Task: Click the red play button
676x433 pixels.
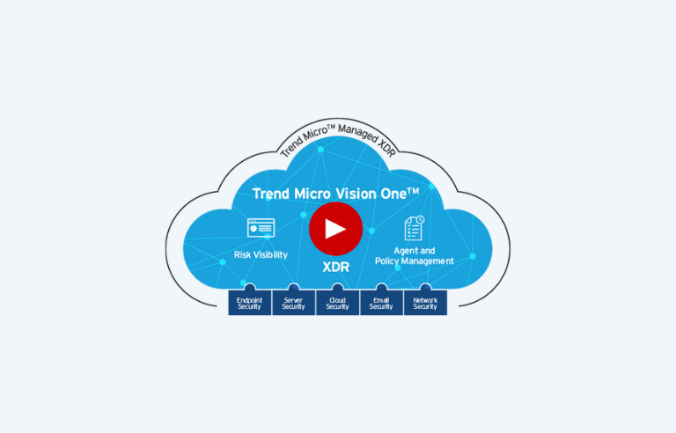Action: (335, 229)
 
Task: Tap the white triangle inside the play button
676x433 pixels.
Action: (334, 229)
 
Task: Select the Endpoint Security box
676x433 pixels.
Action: (250, 303)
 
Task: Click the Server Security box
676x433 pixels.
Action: (294, 303)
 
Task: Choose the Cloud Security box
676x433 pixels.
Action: (338, 303)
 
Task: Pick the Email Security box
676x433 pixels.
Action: (381, 303)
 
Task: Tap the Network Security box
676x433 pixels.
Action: (425, 303)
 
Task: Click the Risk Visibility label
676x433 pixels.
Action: (261, 255)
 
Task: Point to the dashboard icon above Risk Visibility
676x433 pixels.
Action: (261, 228)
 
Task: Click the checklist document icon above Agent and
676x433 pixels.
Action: (414, 228)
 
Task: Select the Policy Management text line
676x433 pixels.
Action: (415, 261)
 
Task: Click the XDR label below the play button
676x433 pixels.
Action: (336, 267)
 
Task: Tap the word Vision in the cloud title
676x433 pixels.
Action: (356, 194)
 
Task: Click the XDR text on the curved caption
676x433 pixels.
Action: (386, 148)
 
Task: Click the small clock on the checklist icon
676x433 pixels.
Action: (420, 220)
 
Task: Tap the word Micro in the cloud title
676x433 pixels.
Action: (312, 194)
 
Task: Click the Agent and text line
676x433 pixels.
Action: (415, 251)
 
